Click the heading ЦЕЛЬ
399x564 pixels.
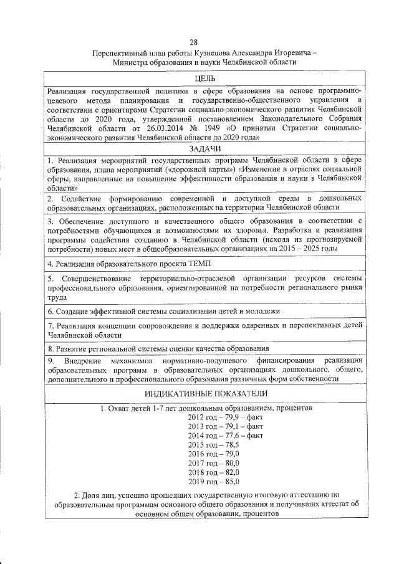coord(203,79)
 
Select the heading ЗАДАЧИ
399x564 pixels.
coord(203,150)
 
